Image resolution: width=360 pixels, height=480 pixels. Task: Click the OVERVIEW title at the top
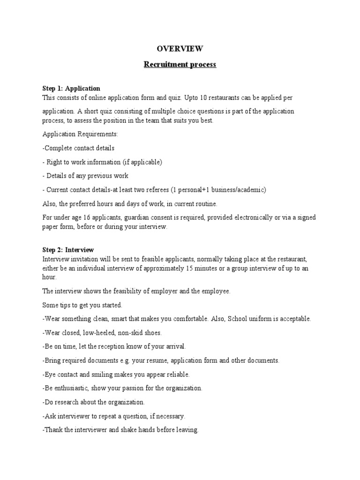(x=180, y=48)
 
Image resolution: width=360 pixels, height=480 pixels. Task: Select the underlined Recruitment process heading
(x=180, y=65)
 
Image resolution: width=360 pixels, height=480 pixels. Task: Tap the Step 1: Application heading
(x=71, y=88)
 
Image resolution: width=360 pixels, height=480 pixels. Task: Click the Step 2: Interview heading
(x=68, y=250)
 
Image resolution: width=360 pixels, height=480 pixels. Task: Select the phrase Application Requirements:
(x=80, y=134)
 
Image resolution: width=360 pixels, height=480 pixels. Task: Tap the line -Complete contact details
(x=78, y=148)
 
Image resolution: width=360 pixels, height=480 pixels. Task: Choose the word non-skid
(x=129, y=333)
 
